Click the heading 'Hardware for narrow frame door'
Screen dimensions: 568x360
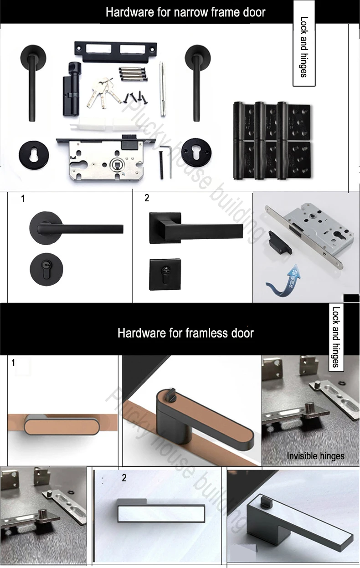click(185, 12)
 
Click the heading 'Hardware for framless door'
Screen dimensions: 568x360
click(185, 333)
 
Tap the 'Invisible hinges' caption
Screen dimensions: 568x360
click(315, 455)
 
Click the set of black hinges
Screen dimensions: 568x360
click(272, 140)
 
